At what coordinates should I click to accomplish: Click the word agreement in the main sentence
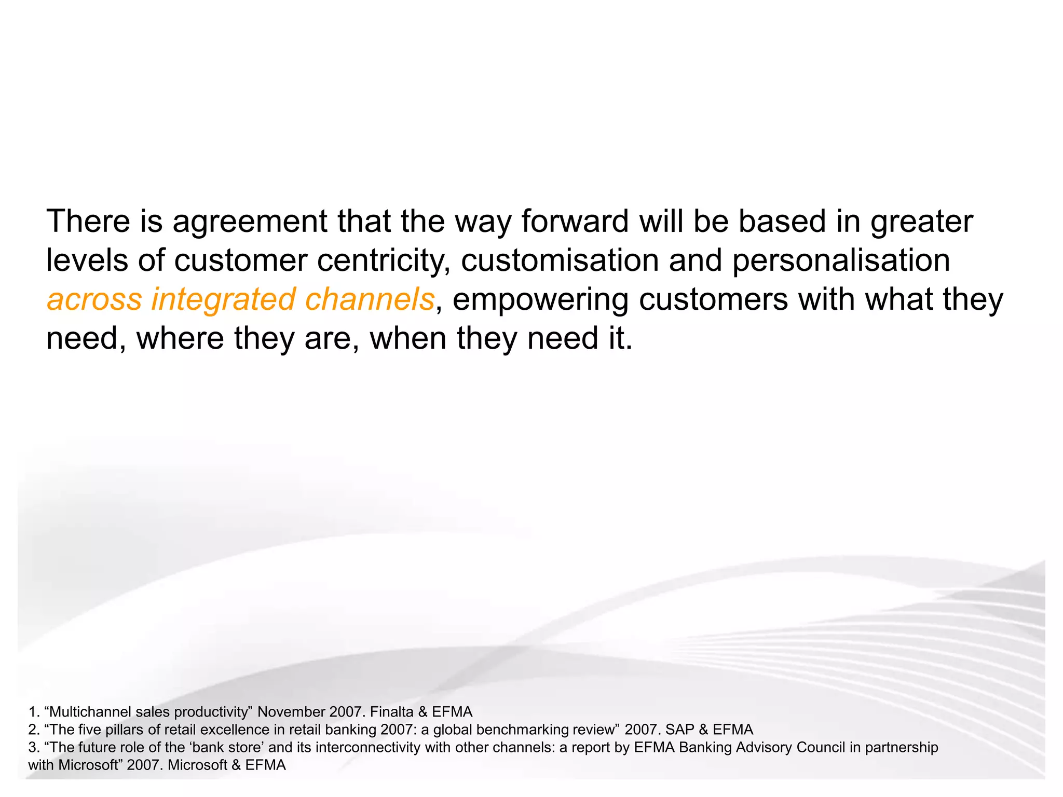click(x=250, y=222)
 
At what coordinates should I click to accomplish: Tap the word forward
click(x=575, y=222)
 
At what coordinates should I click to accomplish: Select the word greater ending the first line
click(x=921, y=222)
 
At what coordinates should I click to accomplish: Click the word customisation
click(x=560, y=260)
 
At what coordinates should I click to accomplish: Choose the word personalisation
click(x=841, y=260)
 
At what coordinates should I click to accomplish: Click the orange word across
click(x=94, y=300)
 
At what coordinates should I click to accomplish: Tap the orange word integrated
click(x=223, y=300)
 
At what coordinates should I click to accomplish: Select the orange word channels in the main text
click(x=369, y=300)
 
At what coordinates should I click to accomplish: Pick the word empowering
click(x=540, y=300)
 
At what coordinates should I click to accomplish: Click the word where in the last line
click(x=180, y=339)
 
